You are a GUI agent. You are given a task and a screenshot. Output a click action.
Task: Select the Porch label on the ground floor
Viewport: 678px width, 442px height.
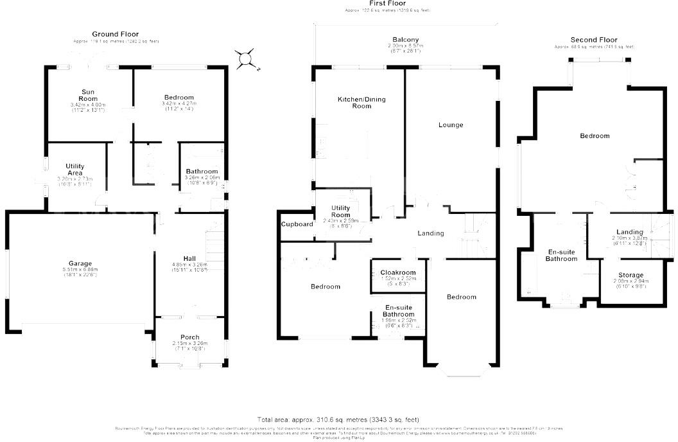(x=189, y=337)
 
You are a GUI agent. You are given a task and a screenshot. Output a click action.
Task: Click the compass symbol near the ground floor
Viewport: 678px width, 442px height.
(x=247, y=60)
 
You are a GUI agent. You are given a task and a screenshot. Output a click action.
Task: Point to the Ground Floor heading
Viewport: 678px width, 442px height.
(x=115, y=34)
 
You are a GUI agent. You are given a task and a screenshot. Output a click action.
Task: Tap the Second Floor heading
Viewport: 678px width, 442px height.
(x=594, y=40)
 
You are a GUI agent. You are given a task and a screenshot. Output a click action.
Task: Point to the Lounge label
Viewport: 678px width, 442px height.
(x=451, y=125)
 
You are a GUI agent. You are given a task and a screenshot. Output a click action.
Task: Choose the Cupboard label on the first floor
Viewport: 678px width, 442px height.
(x=297, y=224)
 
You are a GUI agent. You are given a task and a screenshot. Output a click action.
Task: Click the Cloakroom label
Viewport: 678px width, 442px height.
(x=398, y=272)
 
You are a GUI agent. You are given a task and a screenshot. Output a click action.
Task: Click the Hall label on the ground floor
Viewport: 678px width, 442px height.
(x=189, y=258)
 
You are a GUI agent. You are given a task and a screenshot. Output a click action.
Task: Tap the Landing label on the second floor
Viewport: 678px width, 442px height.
(x=629, y=232)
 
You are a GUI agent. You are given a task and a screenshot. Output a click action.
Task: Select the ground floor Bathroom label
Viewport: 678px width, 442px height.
(x=202, y=172)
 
